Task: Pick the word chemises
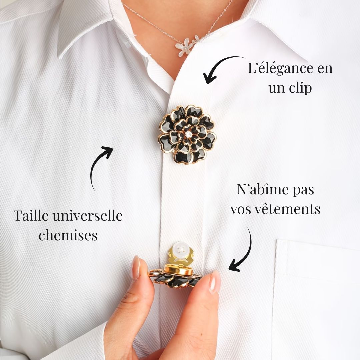68,235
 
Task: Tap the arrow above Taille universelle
100,165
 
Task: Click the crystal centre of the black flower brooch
188,134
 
